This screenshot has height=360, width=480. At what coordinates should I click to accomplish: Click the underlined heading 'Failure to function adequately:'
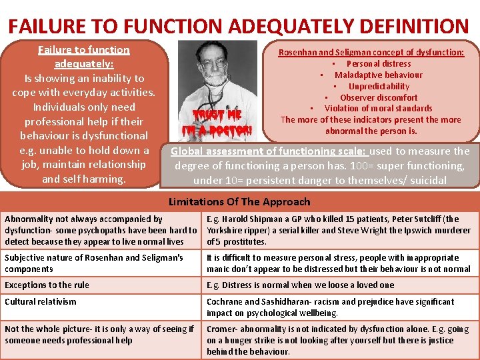pos(84,57)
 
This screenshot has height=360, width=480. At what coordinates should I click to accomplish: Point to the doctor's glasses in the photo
pos(215,64)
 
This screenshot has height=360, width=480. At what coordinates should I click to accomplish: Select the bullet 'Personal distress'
pos(378,64)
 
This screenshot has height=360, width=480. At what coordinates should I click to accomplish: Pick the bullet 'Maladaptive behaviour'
pos(378,75)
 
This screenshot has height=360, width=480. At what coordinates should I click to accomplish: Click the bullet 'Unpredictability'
pos(379,86)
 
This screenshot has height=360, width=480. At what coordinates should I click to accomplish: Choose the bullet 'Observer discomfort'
pos(379,97)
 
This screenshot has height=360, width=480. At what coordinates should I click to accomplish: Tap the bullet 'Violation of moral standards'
pos(378,108)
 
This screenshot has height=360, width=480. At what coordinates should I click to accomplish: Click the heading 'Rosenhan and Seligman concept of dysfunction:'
pos(371,52)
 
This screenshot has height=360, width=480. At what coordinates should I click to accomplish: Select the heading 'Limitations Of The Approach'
pos(239,202)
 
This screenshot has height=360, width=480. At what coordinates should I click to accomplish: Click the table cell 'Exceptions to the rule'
pos(47,285)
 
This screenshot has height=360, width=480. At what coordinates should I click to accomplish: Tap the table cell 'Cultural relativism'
pos(41,302)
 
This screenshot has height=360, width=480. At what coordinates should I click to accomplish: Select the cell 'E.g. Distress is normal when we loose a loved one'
pos(300,285)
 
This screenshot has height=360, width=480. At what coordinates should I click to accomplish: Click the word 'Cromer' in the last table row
pos(221,329)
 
